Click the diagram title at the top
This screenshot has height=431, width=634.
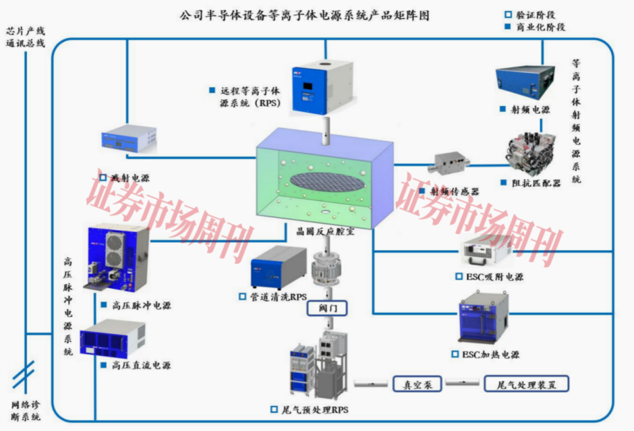pos(304,15)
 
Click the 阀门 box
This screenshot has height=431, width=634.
pos(327,308)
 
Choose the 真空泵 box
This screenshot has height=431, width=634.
pos(417,383)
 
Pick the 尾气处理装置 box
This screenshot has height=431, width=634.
pos(527,383)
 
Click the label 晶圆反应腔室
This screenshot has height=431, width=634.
pos(325,231)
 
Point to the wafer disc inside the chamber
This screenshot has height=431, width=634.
pos(328,182)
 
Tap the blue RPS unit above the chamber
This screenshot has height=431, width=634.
pos(322,87)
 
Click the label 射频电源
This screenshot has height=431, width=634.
pos(530,110)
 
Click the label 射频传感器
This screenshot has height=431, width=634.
pos(454,191)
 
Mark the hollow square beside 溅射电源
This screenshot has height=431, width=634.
pos(103,177)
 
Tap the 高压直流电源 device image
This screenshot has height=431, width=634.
pos(113,338)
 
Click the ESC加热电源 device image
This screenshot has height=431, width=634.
pos(484,319)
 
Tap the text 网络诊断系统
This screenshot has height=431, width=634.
pos(25,411)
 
